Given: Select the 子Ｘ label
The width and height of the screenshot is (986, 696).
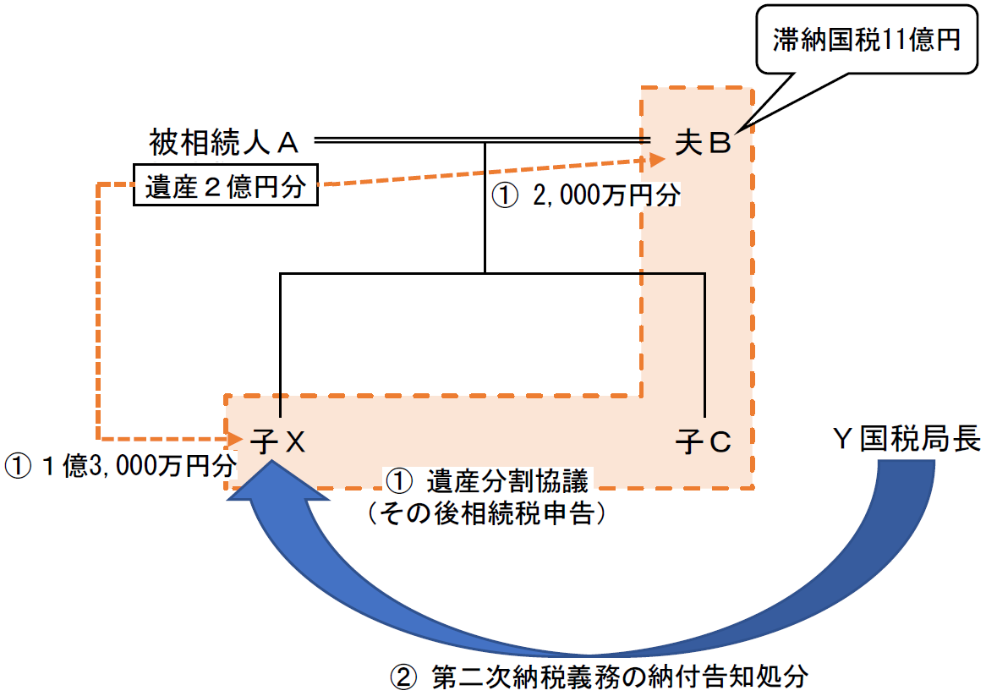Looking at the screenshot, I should tap(277, 441).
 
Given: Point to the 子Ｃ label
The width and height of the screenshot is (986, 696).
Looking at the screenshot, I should tap(704, 441).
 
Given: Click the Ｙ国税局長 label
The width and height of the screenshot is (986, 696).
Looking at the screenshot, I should tap(906, 440).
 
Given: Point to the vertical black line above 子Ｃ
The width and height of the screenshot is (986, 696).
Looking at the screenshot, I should tap(704, 347).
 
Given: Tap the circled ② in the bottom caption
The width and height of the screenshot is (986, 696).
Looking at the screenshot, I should tap(402, 677).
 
